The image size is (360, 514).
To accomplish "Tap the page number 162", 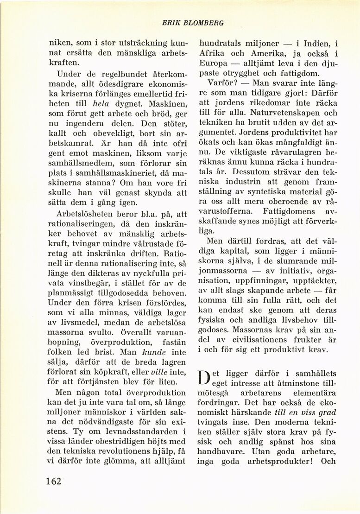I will coord(54,481).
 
